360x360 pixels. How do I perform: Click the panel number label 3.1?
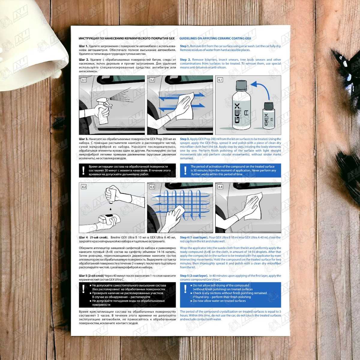tap(83, 80)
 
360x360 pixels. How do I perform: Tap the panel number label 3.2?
tap(152, 80)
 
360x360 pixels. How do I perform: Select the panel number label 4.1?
tap(220, 80)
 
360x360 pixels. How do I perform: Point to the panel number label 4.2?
tap(84, 187)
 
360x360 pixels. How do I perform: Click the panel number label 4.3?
tap(152, 187)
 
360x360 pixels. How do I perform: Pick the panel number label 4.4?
tap(220, 187)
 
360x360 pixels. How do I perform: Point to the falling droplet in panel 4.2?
tap(111, 209)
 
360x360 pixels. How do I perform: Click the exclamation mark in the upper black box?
tap(83, 170)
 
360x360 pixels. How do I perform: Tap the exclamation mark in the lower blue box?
tap(185, 289)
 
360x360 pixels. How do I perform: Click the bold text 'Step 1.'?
tap(185, 46)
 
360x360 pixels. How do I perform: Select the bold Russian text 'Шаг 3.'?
tap(83, 139)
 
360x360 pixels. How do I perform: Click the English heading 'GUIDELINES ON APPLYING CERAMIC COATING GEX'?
tap(215, 38)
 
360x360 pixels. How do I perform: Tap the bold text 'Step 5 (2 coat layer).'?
tap(194, 276)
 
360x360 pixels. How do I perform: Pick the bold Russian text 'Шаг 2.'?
tap(84, 60)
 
